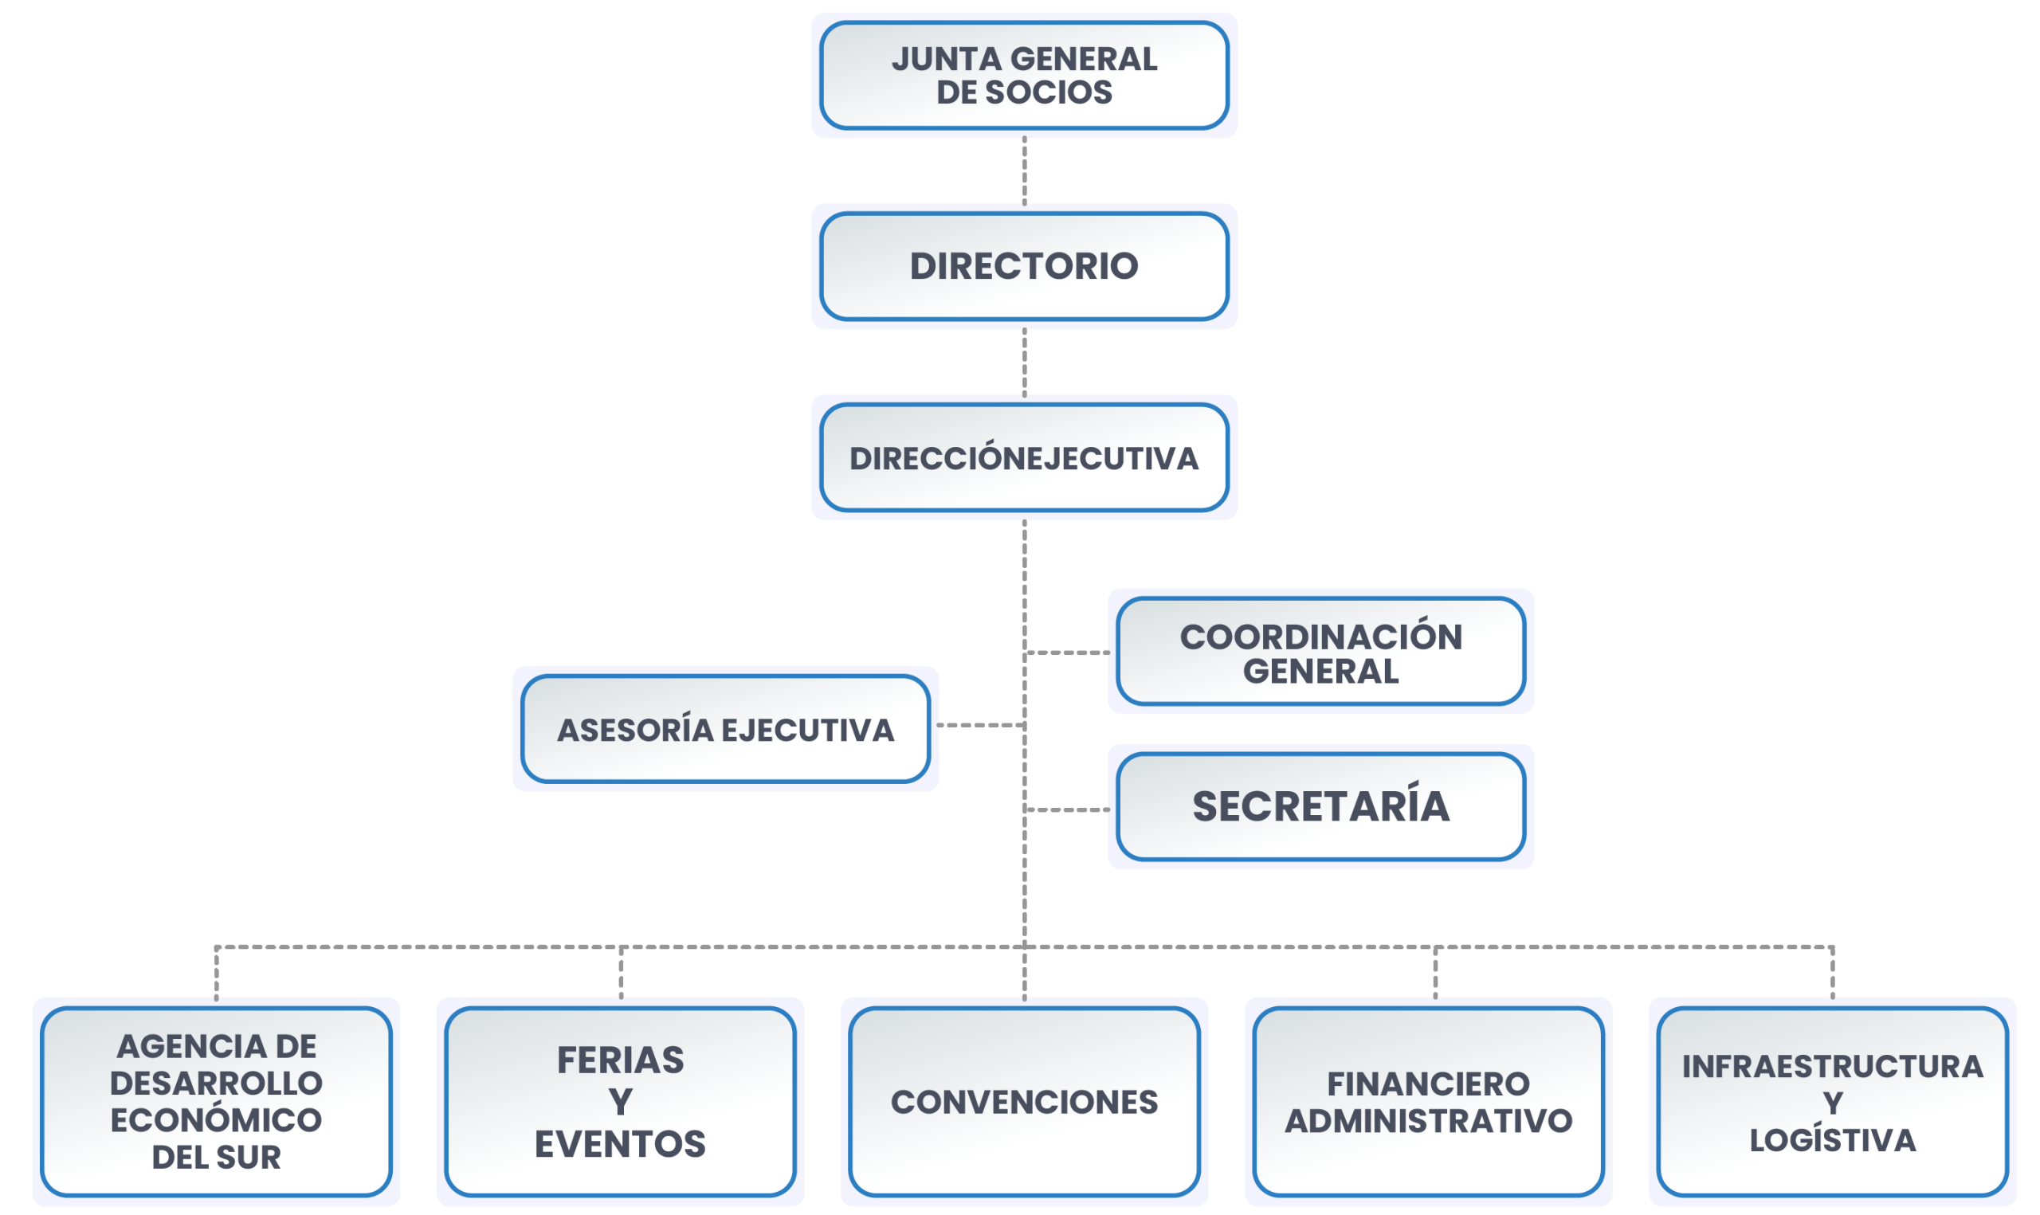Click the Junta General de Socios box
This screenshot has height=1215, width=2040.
pos(1024,76)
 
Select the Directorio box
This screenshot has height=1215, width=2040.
pos(1024,266)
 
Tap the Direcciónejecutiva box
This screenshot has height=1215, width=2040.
pos(1024,457)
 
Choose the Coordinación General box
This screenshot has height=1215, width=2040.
pos(1320,652)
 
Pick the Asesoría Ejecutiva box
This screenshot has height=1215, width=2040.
pos(725,729)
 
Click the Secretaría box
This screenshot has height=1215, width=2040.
pos(1320,806)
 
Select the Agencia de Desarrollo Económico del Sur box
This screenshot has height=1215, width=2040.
pos(216,1101)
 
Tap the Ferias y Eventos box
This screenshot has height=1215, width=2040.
pos(620,1101)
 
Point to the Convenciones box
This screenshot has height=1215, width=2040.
pos(1024,1101)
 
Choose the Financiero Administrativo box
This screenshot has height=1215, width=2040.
pos(1429,1101)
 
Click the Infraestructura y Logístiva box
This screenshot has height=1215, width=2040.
pos(1832,1101)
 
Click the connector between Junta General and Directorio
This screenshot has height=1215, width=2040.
pos(1024,171)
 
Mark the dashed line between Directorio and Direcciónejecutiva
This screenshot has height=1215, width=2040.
pos(1024,363)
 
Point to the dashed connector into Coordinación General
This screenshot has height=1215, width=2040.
pos(1067,653)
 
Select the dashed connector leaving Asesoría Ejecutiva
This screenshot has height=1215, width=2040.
pos(981,724)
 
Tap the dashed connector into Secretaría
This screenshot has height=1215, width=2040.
pos(1067,809)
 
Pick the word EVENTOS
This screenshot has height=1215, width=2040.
pos(620,1144)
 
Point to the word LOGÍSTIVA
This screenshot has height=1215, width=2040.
pos(1832,1139)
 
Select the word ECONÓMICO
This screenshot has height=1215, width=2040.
pos(216,1120)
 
